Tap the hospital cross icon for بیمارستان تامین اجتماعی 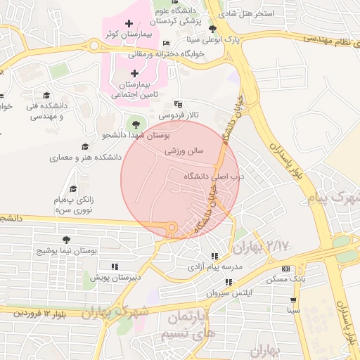click(134, 72)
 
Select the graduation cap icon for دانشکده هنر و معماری click(86, 147)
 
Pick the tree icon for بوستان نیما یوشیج click(66, 240)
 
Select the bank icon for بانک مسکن click(285, 269)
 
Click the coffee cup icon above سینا click(292, 299)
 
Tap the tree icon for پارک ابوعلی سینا click(213, 29)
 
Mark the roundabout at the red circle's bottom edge click(170, 227)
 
